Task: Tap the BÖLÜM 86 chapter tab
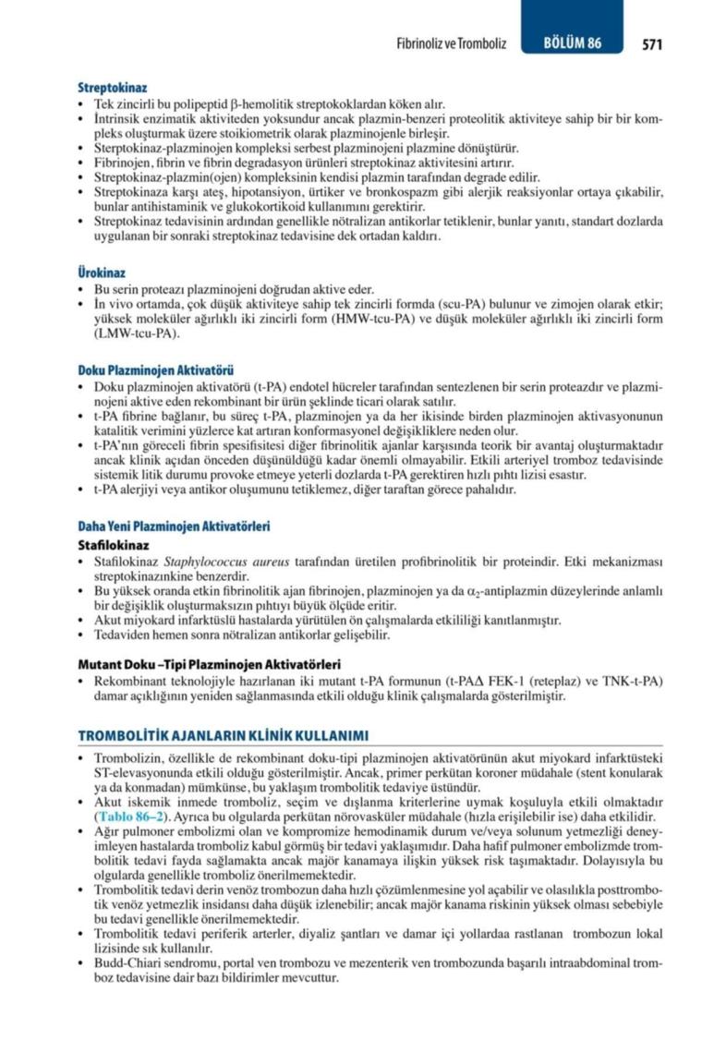572,43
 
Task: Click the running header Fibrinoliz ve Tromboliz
451,43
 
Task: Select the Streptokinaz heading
113,88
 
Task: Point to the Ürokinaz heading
102,273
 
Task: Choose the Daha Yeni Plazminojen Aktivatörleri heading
174,526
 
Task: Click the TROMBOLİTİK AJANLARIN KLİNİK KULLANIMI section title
224,735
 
